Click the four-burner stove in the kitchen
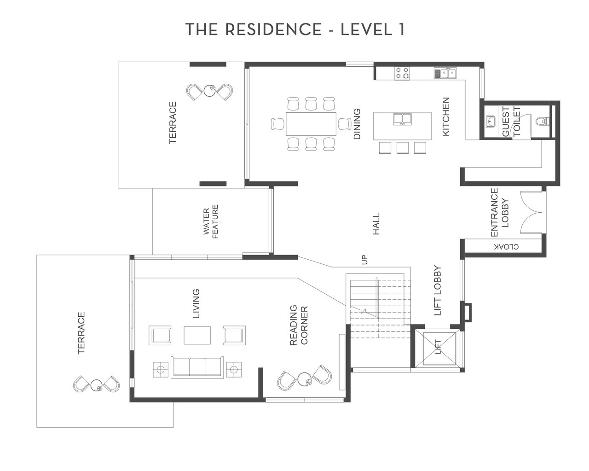click(402, 73)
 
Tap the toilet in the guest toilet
click(542, 121)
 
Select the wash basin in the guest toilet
click(490, 122)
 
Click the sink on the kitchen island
click(402, 119)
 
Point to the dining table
click(311, 124)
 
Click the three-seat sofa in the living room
click(197, 367)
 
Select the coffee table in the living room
click(197, 335)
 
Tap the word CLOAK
click(506, 247)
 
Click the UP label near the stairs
click(364, 260)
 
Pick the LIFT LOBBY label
click(438, 291)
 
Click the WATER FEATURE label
click(211, 221)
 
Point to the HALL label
click(376, 224)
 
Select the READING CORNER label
click(299, 325)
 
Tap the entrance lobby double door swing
click(531, 213)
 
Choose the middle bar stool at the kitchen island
click(403, 148)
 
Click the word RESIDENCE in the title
click(273, 29)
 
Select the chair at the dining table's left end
click(278, 124)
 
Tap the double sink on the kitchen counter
click(445, 73)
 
